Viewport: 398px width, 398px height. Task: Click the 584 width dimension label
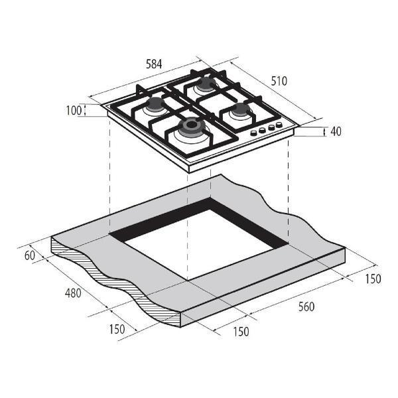(154, 64)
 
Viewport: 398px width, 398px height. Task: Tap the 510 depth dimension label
(279, 81)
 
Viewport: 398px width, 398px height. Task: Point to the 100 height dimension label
(74, 111)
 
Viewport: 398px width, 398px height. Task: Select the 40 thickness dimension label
(336, 131)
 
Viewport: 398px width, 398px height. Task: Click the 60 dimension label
(30, 255)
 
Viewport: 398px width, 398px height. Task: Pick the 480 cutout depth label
(73, 293)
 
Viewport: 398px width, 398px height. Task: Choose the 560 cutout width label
(306, 306)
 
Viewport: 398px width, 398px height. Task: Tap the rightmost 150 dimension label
(373, 279)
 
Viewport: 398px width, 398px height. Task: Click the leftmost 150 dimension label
(117, 329)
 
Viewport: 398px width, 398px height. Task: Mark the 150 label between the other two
(241, 332)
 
